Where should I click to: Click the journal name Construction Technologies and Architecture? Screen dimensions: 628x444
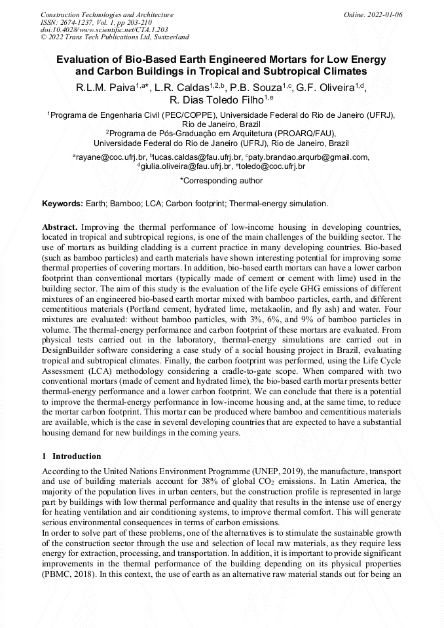pos(107,14)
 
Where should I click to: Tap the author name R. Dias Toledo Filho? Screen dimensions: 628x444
pos(216,100)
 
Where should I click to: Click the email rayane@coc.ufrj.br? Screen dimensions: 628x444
pos(110,157)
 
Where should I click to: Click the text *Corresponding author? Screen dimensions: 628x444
pos(221,181)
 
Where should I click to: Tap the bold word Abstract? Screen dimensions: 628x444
pos(61,226)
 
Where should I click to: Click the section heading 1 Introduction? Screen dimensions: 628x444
pos(71,456)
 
